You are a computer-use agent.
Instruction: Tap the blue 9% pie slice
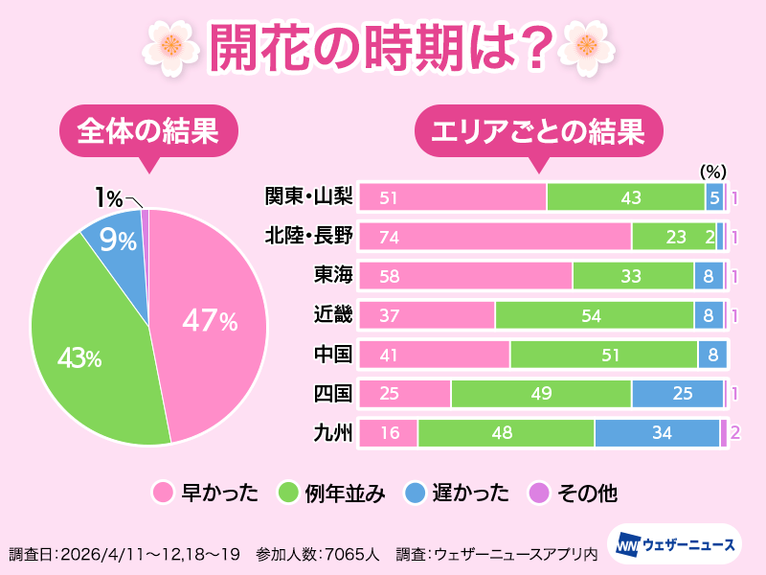(117, 240)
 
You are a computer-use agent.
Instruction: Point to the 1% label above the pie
(108, 198)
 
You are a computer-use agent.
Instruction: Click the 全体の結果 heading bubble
(147, 129)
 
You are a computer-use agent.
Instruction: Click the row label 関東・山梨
(309, 196)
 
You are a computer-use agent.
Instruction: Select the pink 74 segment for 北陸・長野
(493, 237)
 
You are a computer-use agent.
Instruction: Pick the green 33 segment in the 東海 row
(633, 276)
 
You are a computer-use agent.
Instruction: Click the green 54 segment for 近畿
(594, 315)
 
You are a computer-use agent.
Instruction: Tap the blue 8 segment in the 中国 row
(712, 355)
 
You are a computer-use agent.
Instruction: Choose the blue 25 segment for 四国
(677, 394)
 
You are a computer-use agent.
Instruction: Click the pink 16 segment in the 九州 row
(390, 433)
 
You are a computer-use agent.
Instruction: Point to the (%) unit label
(713, 172)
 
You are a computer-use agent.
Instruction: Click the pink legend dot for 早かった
(162, 494)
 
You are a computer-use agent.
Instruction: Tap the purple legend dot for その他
(538, 494)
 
